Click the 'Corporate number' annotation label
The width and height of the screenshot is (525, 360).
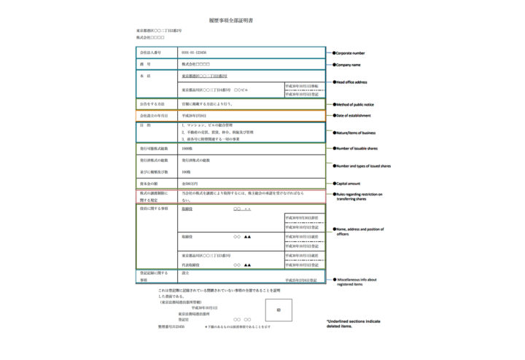[351, 53]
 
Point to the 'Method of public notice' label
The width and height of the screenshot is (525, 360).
[359, 105]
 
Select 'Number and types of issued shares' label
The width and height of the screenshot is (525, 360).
[364, 166]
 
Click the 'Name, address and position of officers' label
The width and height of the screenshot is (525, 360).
[360, 232]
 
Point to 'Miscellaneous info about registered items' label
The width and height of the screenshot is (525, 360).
[358, 282]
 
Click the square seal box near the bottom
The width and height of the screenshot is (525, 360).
[278, 309]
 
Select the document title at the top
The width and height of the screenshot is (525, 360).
[231, 22]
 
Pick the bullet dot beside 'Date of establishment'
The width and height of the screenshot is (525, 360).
[333, 115]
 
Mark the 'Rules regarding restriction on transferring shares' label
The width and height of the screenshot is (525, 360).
[360, 197]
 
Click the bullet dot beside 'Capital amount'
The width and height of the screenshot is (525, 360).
[333, 183]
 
